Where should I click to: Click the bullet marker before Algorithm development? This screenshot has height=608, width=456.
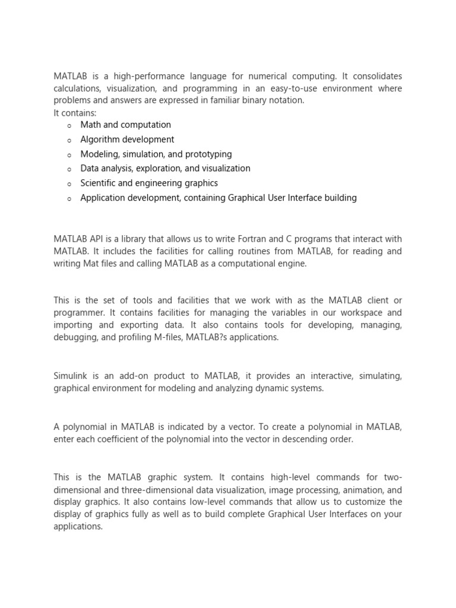tap(69, 140)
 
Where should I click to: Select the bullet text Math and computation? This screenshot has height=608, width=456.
tap(125, 125)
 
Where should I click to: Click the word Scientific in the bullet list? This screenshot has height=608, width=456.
tap(100, 183)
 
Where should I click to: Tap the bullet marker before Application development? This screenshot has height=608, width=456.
tap(69, 198)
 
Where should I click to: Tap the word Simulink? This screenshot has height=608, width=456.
tap(74, 376)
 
